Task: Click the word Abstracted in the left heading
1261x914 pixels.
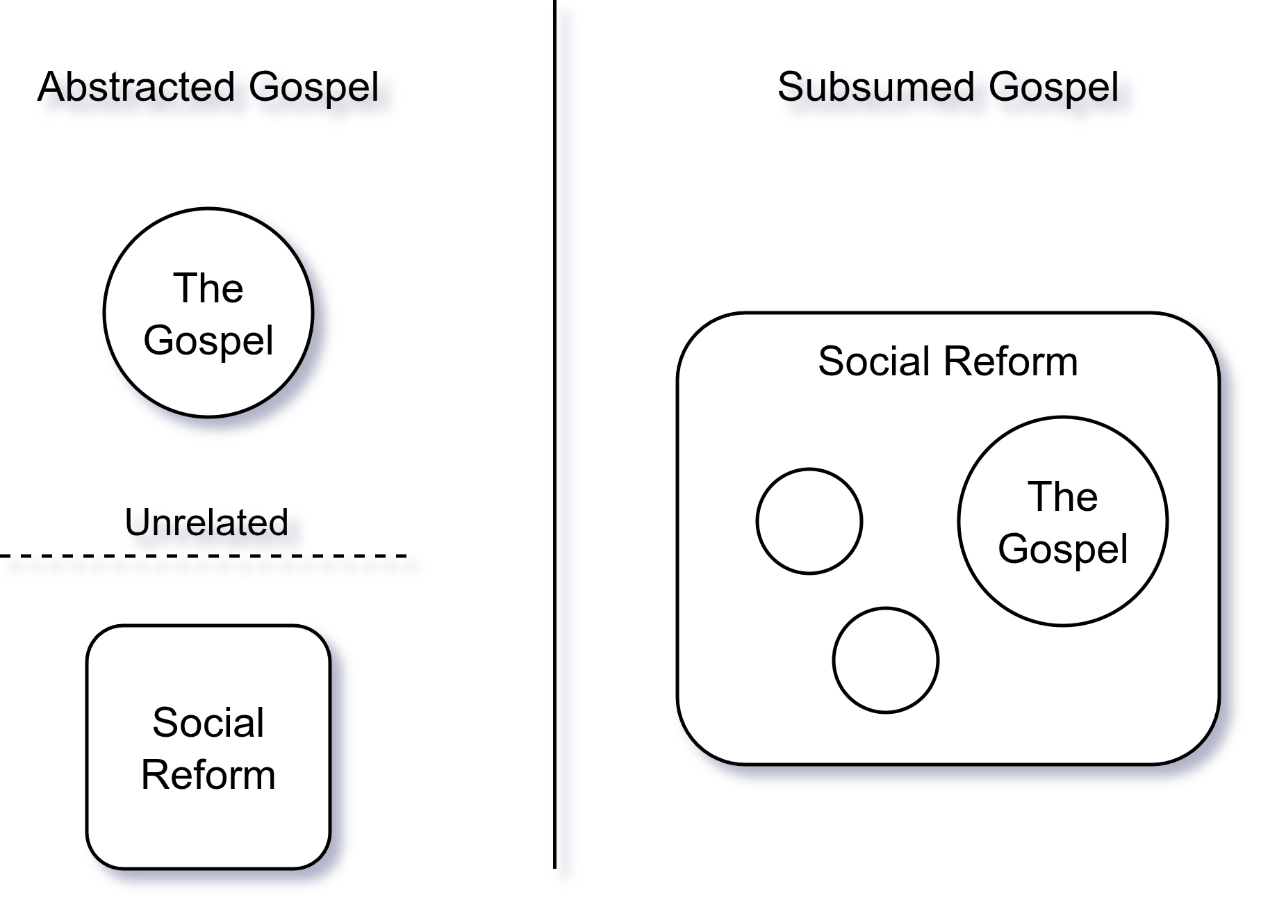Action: tap(138, 88)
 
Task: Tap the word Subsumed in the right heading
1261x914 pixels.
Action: tap(877, 88)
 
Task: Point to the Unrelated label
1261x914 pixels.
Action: tap(207, 524)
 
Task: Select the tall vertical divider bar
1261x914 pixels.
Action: tap(566, 445)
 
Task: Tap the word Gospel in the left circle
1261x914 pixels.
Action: tap(208, 341)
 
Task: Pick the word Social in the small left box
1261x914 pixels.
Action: tap(208, 722)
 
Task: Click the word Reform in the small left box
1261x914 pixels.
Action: tap(208, 775)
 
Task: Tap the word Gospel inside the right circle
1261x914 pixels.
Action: tap(1063, 549)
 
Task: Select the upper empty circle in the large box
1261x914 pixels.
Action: tap(809, 521)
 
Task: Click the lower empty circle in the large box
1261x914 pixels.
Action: tap(886, 660)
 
